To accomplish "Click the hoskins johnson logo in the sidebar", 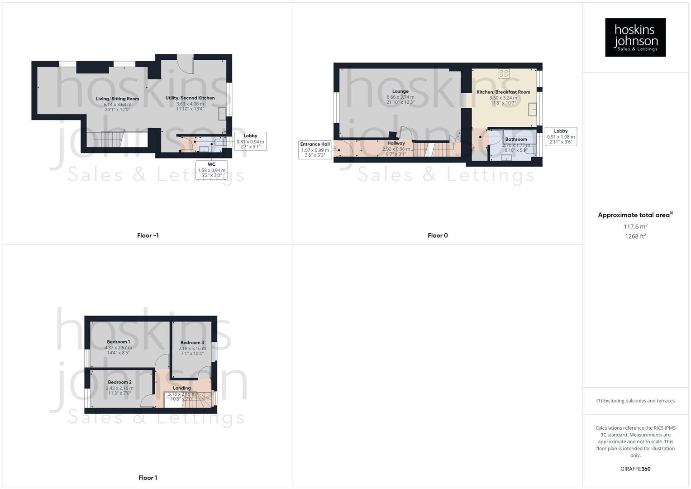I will [x=635, y=37].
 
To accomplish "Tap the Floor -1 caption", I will [x=148, y=235].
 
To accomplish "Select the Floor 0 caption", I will [x=438, y=235].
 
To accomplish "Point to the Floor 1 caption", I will [x=148, y=478].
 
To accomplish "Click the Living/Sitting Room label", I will [x=117, y=99].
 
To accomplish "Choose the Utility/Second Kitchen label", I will [x=190, y=98].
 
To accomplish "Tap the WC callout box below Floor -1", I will [x=211, y=170].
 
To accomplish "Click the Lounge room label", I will [x=400, y=91].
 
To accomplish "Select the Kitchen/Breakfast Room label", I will [x=503, y=92].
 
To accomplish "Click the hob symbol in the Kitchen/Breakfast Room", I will [x=504, y=73].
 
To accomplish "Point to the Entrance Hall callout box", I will [x=315, y=149].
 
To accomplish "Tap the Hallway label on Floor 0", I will [x=396, y=143].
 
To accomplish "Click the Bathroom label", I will [x=516, y=139].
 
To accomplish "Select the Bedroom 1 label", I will [x=119, y=342].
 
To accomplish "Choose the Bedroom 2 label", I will [x=119, y=382].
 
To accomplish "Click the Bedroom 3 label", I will [x=192, y=343].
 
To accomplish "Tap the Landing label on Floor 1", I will [x=182, y=388].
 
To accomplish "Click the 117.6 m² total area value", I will [x=635, y=226].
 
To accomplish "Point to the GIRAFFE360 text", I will [x=635, y=469].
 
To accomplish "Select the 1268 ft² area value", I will [x=635, y=236].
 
